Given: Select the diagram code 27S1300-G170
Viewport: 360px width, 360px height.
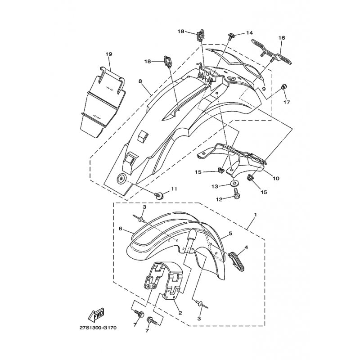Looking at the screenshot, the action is (98, 328).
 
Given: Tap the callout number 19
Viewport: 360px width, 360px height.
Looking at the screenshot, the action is (109, 54).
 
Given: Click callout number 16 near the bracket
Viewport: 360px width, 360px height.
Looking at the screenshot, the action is (282, 38).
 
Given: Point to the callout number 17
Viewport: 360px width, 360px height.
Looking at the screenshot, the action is (286, 102).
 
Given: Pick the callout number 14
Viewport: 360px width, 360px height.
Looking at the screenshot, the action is (249, 33).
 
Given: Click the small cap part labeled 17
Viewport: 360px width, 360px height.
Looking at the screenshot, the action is (283, 87).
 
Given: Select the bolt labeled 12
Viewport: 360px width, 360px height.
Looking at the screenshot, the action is (235, 192).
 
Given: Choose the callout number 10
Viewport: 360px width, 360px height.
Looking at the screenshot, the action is (276, 178).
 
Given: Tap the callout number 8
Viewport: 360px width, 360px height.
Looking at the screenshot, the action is (140, 81).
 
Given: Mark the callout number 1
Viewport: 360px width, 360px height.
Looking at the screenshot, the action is (255, 215).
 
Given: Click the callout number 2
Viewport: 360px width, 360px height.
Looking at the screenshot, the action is (180, 313).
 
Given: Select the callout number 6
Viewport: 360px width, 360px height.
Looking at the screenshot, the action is (120, 229).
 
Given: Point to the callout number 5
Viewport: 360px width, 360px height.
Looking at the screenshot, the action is (230, 234).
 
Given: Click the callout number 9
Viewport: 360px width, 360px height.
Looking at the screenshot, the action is (264, 89).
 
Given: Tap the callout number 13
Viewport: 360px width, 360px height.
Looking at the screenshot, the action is (215, 187).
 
